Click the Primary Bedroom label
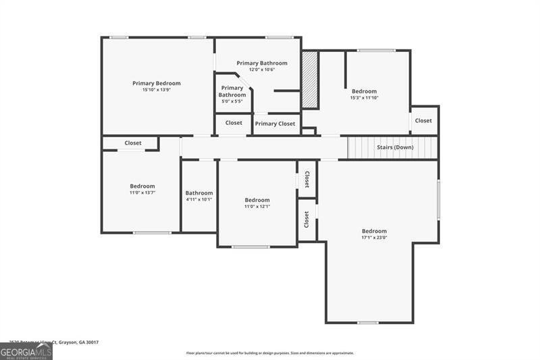[x=156, y=83]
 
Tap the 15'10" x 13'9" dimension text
[x=156, y=90]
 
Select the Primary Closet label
[x=275, y=124]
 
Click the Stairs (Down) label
[x=395, y=147]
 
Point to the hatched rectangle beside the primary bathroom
[x=310, y=79]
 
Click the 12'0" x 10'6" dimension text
[x=262, y=70]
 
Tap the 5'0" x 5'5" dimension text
[x=232, y=101]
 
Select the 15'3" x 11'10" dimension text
[x=364, y=98]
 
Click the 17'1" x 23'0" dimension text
[x=374, y=238]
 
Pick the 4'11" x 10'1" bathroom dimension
[x=199, y=199]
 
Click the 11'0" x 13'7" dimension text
[x=142, y=192]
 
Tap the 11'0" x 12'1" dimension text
[x=257, y=206]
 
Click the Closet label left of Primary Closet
[x=234, y=123]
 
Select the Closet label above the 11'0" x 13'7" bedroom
[x=133, y=143]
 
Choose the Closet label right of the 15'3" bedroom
[x=423, y=120]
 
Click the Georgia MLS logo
[x=26, y=351]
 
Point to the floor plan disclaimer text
[x=269, y=353]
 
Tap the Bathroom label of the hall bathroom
[x=199, y=192]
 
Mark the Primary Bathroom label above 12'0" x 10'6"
[x=262, y=63]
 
